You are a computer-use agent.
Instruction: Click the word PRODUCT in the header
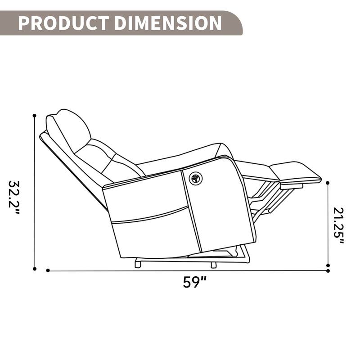tap(63, 23)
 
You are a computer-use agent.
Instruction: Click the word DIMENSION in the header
tap(166, 23)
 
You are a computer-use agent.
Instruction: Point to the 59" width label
tap(194, 282)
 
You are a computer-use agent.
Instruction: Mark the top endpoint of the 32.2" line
tap(34, 116)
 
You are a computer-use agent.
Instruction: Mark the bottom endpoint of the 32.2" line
tap(34, 269)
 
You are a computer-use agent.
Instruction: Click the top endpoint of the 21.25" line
tap(328, 183)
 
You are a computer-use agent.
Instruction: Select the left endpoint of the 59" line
tap(48, 270)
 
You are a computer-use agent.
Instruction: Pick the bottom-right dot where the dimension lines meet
tap(328, 270)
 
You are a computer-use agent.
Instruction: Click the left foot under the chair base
tap(138, 264)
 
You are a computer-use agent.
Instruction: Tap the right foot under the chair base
tap(213, 264)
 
